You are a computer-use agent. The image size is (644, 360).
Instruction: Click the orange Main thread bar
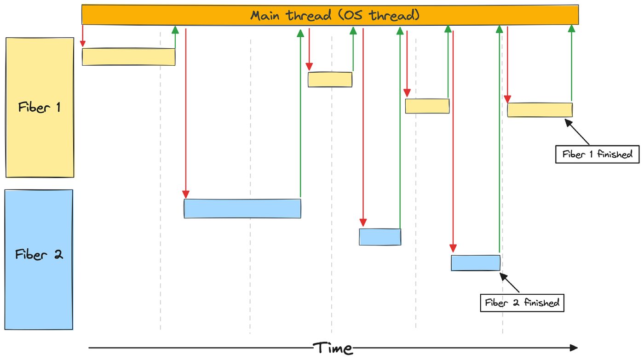[330, 15]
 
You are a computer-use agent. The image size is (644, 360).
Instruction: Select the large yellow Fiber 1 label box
[40, 108]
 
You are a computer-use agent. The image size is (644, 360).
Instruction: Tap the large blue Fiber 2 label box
[39, 259]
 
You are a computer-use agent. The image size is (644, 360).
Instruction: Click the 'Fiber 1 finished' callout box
[598, 154]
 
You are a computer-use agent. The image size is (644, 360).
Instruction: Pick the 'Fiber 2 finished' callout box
[522, 303]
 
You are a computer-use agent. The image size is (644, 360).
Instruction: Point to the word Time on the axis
[333, 348]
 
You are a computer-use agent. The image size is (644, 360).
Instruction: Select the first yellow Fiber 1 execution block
[128, 57]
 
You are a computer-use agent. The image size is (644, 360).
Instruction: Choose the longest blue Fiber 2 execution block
[243, 209]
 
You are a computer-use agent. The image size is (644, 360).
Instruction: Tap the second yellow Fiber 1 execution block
[330, 79]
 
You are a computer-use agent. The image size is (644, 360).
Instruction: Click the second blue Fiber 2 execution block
[380, 237]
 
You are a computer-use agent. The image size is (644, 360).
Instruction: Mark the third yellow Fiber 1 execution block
[427, 106]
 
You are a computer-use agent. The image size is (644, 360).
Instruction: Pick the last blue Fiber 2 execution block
[476, 263]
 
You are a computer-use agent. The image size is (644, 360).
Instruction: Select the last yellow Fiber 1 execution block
[540, 110]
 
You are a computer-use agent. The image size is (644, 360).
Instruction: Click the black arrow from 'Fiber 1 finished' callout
[577, 132]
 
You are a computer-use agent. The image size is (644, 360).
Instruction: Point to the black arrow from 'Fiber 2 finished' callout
[510, 283]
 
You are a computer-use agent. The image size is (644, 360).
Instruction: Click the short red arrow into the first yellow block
[82, 36]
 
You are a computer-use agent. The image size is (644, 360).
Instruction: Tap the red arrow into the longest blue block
[186, 113]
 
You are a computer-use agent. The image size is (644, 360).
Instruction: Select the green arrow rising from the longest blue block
[300, 113]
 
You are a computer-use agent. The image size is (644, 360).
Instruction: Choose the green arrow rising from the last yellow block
[571, 63]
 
